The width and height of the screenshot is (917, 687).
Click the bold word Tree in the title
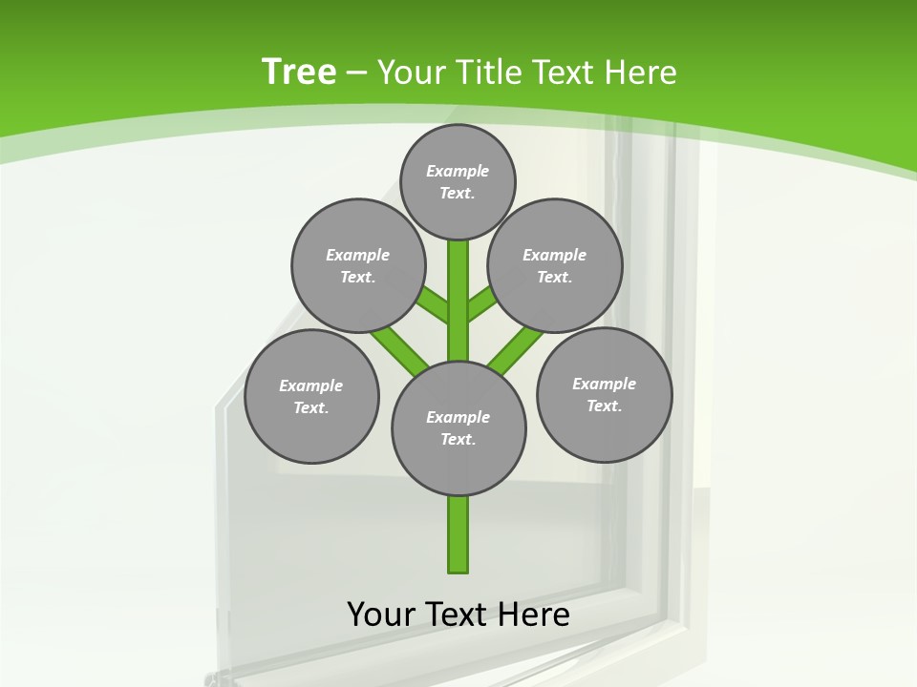click(299, 72)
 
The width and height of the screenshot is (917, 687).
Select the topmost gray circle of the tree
click(458, 181)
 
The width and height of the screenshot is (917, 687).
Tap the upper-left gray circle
click(358, 265)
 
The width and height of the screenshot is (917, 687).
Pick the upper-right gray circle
click(555, 265)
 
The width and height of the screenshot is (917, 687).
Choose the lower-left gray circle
click(311, 396)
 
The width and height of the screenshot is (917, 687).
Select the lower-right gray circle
click(604, 394)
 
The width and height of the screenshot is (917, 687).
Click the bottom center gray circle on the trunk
click(458, 427)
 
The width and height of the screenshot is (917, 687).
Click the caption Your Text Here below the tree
click(458, 614)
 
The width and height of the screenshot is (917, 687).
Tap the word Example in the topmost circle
click(458, 171)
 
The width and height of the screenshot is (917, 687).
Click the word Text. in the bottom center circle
click(458, 439)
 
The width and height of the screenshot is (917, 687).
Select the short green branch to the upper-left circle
click(434, 304)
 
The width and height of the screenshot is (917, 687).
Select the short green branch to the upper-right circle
click(481, 304)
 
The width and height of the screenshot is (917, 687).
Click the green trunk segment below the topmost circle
click(458, 286)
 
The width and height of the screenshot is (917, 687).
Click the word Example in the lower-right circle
click(604, 384)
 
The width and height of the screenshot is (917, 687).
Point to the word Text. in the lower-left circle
click(311, 407)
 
